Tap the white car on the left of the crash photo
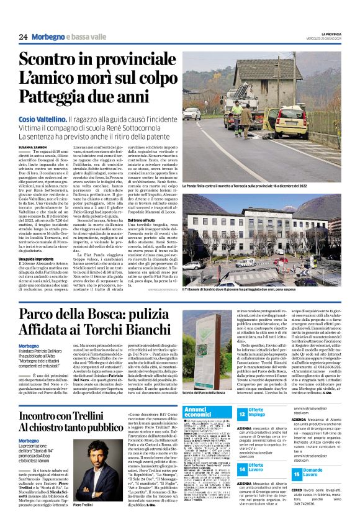click(191, 113)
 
